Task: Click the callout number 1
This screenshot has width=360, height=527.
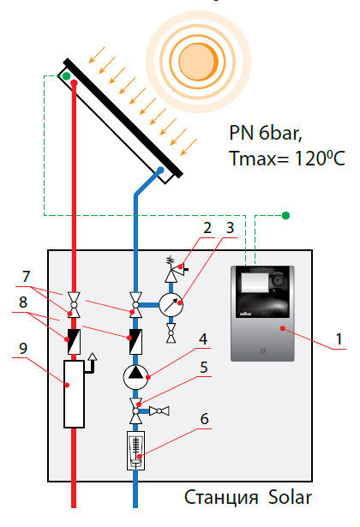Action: (x=339, y=338)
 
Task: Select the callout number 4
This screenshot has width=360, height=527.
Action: (x=203, y=338)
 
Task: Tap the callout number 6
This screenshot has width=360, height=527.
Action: (x=204, y=419)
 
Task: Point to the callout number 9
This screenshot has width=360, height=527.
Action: (x=23, y=348)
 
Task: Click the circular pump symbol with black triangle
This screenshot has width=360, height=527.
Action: (x=135, y=377)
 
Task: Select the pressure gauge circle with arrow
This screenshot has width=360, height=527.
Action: (x=171, y=305)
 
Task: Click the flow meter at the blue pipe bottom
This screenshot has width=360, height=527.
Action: (x=135, y=451)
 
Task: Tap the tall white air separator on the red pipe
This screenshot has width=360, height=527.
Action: (x=74, y=394)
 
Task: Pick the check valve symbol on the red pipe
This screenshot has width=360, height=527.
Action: (x=74, y=341)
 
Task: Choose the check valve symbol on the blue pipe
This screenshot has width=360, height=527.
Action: (x=135, y=341)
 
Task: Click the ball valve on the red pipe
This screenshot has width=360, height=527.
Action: (x=74, y=305)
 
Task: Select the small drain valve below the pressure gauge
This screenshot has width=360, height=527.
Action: (x=171, y=333)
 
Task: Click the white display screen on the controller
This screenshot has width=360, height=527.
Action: (x=255, y=282)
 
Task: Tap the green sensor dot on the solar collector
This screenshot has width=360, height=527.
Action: (x=67, y=76)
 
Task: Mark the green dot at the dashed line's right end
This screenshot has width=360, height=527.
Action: (x=285, y=215)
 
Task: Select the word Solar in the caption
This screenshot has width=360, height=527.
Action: (x=290, y=497)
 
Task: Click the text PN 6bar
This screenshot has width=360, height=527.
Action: (x=266, y=133)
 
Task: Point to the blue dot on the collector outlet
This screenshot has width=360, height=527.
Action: (x=160, y=170)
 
